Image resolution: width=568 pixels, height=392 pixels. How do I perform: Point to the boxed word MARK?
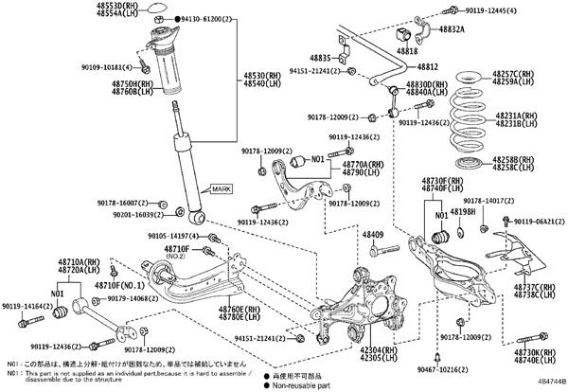221,188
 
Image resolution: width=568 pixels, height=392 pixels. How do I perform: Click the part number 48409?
374,234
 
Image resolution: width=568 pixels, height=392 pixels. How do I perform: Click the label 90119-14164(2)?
27,307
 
